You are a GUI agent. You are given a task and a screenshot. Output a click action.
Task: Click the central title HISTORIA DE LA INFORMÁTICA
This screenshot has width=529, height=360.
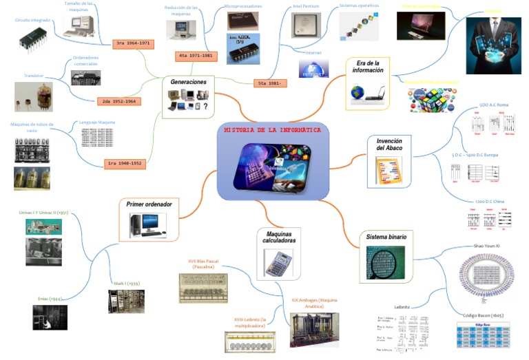coord(273,129)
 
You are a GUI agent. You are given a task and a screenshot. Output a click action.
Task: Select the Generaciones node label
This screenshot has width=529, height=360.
coord(189,82)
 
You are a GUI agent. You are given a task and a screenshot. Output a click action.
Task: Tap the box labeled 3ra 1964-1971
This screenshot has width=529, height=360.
coord(134,43)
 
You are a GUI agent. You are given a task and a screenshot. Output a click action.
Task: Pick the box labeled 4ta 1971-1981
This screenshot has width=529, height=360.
coord(195,55)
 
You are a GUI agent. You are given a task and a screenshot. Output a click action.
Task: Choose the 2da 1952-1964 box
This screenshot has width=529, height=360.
coord(119,101)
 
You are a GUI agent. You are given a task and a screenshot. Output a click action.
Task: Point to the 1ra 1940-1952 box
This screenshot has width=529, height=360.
coord(125,164)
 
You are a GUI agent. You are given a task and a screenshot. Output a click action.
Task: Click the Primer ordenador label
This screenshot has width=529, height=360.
coord(149,204)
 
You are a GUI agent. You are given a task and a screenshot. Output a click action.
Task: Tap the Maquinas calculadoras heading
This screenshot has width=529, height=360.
coord(280,238)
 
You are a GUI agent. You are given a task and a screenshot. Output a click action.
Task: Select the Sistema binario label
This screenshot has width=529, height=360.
coord(386,237)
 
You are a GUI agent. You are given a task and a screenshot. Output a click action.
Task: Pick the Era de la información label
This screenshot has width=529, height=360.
coord(367,66)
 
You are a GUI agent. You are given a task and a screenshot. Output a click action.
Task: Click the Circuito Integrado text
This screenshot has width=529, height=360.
coord(32,21)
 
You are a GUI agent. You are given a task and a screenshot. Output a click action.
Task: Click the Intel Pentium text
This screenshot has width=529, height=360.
coord(306,6)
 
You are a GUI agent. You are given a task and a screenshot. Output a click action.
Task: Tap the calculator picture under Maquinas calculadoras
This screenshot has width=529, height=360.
coord(278,264)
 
